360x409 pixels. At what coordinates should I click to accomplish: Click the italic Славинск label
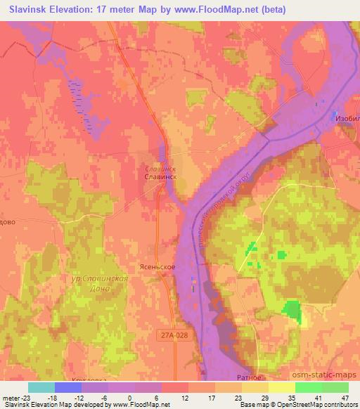coord(159,169)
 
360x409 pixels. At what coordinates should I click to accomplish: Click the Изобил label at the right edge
coord(347,117)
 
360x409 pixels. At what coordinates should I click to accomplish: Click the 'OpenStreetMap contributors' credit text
coord(326,405)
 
